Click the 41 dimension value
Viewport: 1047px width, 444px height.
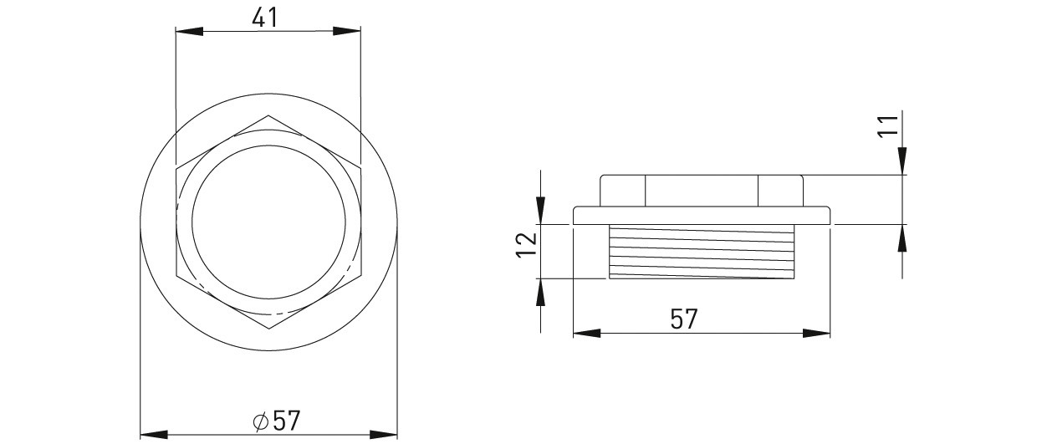[x=264, y=18]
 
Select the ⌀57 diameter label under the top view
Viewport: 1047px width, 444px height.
[x=276, y=421]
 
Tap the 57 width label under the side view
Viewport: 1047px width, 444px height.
[x=684, y=319]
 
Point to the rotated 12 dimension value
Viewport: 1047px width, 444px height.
[x=526, y=245]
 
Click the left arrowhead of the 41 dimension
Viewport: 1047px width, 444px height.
[x=189, y=31]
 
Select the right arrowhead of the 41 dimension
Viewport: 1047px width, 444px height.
[x=346, y=31]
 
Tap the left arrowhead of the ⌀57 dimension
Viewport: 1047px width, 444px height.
[x=154, y=434]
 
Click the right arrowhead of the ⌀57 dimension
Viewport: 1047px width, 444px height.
[x=383, y=434]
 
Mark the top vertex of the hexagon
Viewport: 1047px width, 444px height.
[x=268, y=115]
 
